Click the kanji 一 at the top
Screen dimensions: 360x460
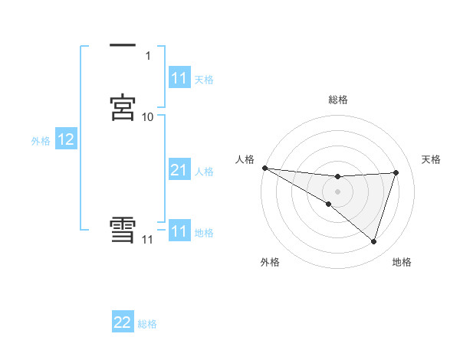click(x=123, y=46)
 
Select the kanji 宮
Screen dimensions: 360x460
click(x=123, y=106)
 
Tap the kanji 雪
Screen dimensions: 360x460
click(x=123, y=231)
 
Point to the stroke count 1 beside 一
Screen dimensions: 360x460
click(x=147, y=55)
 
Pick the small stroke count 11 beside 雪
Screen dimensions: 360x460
click(x=147, y=240)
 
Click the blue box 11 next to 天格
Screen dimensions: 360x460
click(x=179, y=78)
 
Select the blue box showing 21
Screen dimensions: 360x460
click(x=179, y=170)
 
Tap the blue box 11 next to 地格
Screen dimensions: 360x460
click(x=179, y=231)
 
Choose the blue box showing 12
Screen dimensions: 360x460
click(x=66, y=139)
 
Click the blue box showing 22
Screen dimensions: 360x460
click(x=123, y=322)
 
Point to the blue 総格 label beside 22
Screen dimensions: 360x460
click(x=147, y=324)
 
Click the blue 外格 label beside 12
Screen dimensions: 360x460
click(x=41, y=141)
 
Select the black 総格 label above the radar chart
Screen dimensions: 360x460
click(x=338, y=100)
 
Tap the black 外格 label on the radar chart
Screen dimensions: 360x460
click(x=270, y=262)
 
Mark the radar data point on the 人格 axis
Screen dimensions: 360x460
click(x=264, y=168)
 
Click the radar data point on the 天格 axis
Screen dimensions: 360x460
click(x=396, y=172)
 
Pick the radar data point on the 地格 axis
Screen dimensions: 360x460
click(x=373, y=241)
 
